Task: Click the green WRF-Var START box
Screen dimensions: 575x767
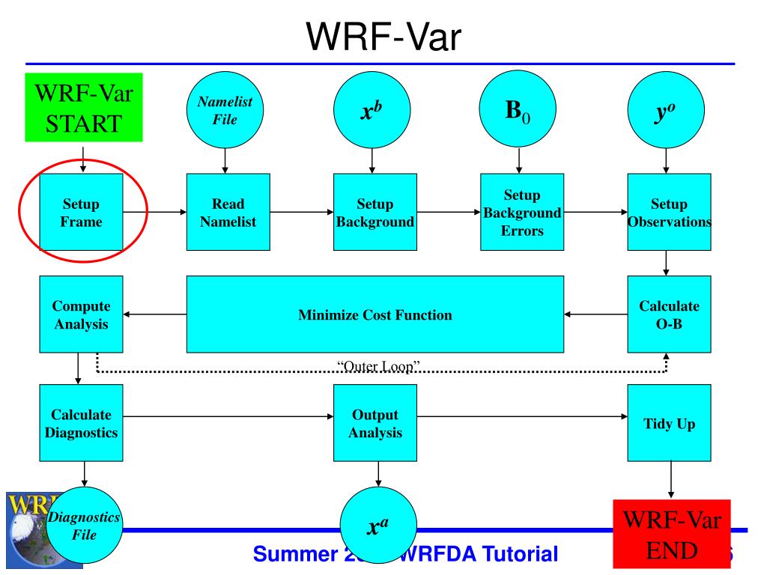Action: click(x=84, y=107)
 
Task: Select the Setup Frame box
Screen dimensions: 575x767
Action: click(x=81, y=213)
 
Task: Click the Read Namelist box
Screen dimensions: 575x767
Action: click(x=228, y=213)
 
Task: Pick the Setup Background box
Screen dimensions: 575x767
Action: click(x=375, y=213)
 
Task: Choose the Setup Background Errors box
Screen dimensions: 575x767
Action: click(x=521, y=213)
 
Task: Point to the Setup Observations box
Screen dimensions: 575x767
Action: click(x=669, y=213)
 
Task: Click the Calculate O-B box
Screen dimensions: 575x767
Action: click(x=669, y=315)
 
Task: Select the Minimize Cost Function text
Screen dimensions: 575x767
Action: click(x=375, y=315)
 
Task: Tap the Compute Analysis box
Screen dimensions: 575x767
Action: click(x=81, y=315)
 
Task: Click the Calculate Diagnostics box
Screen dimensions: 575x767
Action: click(x=81, y=423)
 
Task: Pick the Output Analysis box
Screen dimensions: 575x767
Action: click(x=375, y=423)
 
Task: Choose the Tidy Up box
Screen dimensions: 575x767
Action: click(x=669, y=423)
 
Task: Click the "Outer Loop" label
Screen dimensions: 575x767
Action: click(x=378, y=366)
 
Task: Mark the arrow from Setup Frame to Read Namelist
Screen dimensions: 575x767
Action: click(x=155, y=213)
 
